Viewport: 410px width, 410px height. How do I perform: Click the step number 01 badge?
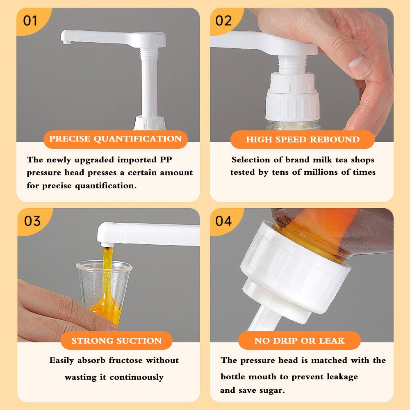[30, 20]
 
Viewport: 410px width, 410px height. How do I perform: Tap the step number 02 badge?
[223, 20]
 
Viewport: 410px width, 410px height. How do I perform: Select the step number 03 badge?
[32, 221]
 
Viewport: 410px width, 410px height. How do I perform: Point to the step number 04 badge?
[223, 221]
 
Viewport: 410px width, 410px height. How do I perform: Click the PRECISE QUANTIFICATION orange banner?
[115, 139]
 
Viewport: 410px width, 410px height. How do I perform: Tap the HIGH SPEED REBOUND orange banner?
[303, 139]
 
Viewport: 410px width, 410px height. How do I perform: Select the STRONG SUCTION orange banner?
[116, 341]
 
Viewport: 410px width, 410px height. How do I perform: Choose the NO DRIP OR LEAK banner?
[299, 341]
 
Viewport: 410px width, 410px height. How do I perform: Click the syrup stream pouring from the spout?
[106, 271]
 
